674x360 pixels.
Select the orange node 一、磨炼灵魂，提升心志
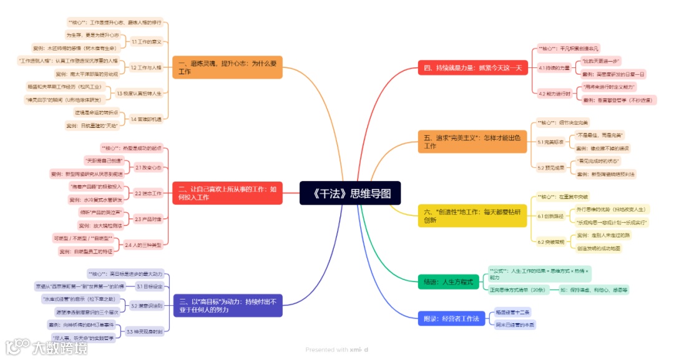[x=227, y=67]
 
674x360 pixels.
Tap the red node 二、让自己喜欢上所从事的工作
[x=227, y=193]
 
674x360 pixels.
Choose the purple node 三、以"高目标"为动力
[x=227, y=306]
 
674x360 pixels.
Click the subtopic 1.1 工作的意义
[x=147, y=42]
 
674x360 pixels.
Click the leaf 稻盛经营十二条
[x=513, y=312]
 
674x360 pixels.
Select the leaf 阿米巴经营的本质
[x=515, y=325]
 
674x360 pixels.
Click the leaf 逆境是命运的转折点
[x=97, y=112]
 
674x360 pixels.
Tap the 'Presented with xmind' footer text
[x=336, y=350]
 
